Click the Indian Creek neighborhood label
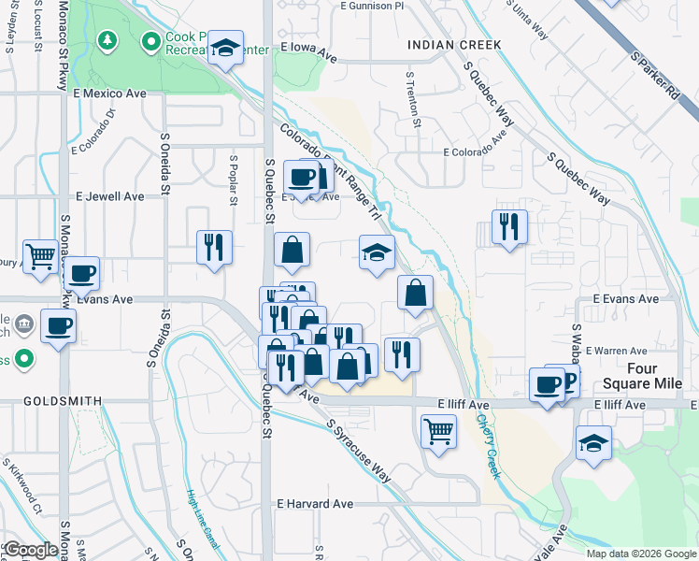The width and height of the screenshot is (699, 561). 454,45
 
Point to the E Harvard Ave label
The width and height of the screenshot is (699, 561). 315,503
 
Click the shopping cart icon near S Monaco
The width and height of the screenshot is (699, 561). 41,255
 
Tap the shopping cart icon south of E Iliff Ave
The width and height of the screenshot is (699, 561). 437,431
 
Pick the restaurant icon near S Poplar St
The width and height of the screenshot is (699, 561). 214,247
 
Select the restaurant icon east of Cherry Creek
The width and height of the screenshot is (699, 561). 509,226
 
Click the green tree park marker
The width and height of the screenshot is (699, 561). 109,40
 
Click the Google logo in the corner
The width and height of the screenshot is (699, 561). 31,550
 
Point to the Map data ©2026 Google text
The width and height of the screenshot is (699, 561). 641,554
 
